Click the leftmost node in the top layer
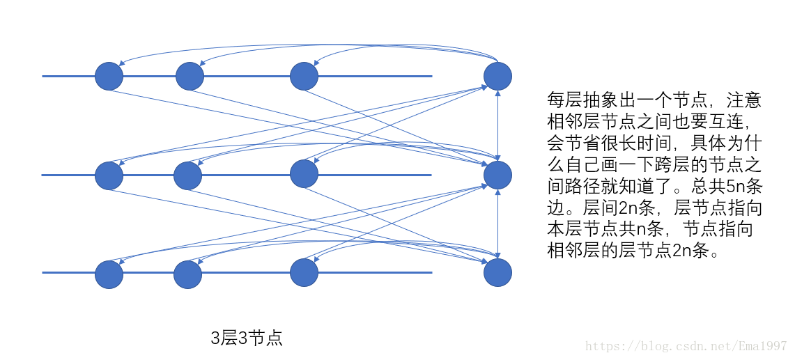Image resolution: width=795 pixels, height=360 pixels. (109, 76)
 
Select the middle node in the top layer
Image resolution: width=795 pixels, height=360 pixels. (190, 76)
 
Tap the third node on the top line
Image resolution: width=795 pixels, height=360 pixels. (304, 76)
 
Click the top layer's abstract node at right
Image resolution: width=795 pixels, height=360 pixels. (497, 75)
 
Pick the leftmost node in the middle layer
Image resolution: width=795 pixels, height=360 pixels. (109, 175)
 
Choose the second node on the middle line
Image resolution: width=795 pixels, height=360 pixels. (188, 175)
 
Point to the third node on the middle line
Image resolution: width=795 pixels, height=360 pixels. (304, 173)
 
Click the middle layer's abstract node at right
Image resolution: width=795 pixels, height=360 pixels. (497, 175)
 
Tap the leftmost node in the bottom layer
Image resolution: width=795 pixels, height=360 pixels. (109, 274)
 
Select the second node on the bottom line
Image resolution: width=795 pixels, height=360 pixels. (188, 274)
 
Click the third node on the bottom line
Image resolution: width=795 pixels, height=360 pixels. (304, 272)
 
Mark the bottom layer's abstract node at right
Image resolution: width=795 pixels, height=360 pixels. (497, 272)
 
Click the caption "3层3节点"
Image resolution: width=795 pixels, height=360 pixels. (247, 339)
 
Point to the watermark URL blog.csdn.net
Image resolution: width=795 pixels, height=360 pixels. (686, 346)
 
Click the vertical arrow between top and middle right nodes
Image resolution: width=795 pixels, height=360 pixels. (497, 125)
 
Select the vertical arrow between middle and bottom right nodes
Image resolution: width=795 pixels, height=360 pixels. (497, 224)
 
